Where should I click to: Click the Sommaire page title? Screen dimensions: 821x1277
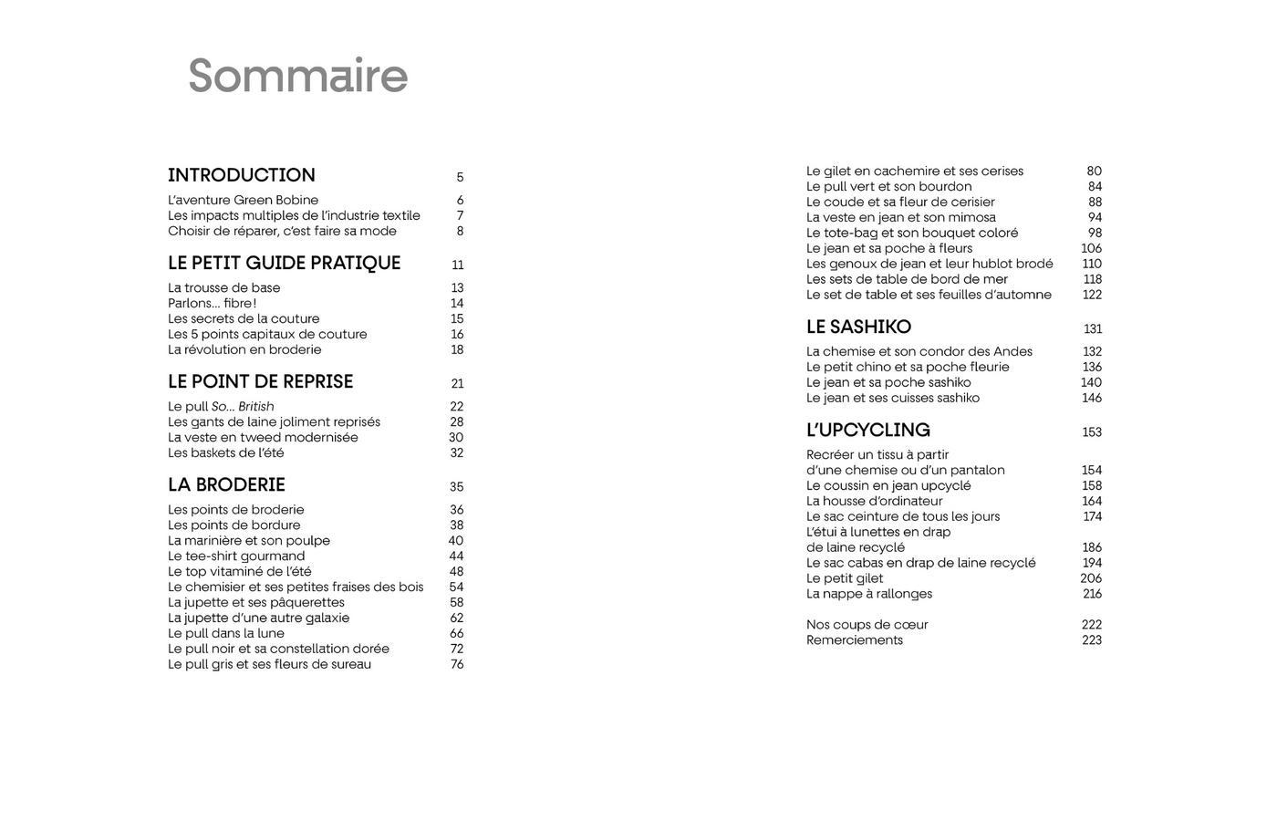click(297, 76)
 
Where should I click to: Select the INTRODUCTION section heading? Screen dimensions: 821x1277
click(242, 175)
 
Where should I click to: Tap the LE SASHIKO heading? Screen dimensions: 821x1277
click(858, 327)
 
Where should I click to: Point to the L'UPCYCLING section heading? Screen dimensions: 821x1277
click(867, 430)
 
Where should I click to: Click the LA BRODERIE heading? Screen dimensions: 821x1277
click(226, 484)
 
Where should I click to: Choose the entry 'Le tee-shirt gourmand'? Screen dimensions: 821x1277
click(236, 556)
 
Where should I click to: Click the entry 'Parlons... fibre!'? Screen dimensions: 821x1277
click(212, 303)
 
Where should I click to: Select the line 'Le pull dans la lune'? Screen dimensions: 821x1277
click(226, 633)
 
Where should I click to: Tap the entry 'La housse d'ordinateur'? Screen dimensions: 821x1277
click(874, 501)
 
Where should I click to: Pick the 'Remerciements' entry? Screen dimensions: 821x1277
click(855, 639)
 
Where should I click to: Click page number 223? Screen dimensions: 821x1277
click(1091, 639)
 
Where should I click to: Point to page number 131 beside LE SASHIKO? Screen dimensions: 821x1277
click(1092, 328)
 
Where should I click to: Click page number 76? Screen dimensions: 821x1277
click(456, 664)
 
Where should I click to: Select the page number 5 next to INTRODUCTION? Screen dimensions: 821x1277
click(460, 177)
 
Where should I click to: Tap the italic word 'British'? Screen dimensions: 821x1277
click(256, 406)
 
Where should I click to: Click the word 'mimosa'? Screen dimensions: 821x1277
click(972, 217)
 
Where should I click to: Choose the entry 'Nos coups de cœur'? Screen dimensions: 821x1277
click(867, 624)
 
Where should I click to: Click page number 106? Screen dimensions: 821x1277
click(1091, 248)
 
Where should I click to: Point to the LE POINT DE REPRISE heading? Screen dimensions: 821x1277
click(260, 381)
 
